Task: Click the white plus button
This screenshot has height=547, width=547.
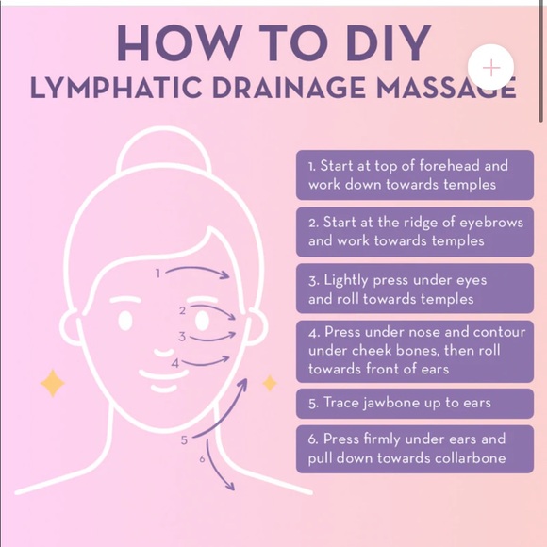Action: [x=490, y=67]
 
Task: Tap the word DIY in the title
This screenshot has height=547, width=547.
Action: [x=389, y=42]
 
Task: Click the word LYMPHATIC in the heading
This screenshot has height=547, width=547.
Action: [x=116, y=87]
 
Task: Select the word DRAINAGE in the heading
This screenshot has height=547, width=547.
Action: [x=290, y=87]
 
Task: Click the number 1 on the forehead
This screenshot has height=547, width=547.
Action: [x=158, y=273]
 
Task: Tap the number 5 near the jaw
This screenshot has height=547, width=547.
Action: [x=184, y=440]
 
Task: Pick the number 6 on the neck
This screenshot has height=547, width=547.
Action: [x=202, y=458]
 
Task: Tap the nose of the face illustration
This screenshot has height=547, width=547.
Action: [x=164, y=353]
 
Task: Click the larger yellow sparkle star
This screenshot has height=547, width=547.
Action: [x=53, y=383]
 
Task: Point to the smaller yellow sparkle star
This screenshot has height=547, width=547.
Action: [x=270, y=383]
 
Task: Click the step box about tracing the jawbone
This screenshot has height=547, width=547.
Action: [x=415, y=404]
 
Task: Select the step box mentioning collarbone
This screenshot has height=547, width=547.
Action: [x=415, y=449]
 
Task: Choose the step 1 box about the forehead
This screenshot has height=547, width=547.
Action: [x=415, y=175]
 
